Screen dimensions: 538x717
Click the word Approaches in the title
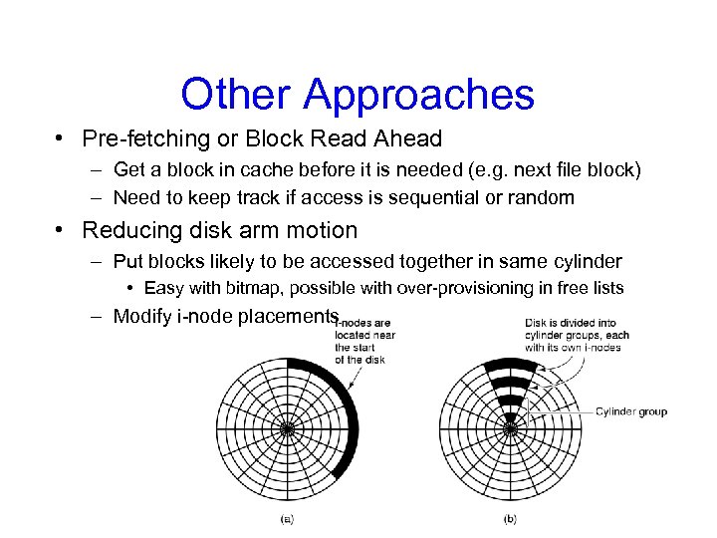coord(419,96)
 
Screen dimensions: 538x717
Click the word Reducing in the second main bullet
coord(126,230)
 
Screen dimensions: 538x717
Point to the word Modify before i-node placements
coord(141,317)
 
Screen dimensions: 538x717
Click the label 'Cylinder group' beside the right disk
coord(631,411)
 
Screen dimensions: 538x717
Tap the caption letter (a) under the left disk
coord(287,518)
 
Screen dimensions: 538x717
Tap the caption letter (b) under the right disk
coord(510,518)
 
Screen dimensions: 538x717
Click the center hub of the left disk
coord(287,429)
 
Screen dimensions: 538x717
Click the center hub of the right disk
coord(510,429)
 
